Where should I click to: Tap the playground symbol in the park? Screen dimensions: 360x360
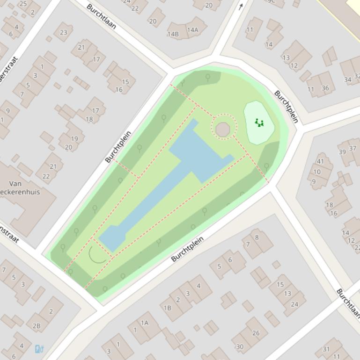[259, 123]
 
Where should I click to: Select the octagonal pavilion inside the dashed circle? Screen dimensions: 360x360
[223, 128]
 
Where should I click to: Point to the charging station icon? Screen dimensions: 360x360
[39, 349]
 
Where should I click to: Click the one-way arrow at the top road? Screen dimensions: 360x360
[241, 7]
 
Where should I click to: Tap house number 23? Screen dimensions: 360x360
[63, 32]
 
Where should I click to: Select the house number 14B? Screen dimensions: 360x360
[173, 34]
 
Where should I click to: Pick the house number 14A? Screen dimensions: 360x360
[192, 30]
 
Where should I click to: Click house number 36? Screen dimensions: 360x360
[325, 88]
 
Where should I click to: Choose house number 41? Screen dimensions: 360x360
[320, 161]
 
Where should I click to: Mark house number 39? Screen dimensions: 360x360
[342, 151]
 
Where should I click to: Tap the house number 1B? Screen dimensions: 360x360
[167, 308]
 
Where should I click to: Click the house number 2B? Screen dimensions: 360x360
[37, 326]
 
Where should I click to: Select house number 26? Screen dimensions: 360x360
[256, 333]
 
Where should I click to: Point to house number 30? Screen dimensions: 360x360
[240, 346]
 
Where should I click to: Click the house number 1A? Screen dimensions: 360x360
[145, 322]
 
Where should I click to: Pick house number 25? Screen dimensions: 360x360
[23, 4]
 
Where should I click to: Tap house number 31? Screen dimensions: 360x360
[326, 349]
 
